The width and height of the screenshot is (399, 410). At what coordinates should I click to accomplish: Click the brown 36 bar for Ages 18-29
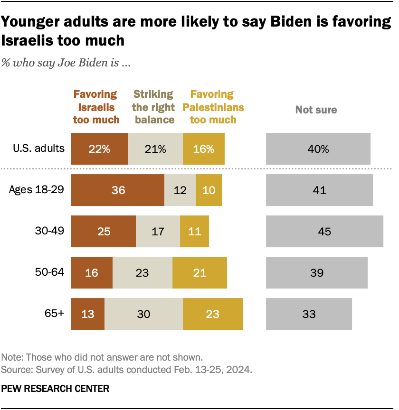coord(117,190)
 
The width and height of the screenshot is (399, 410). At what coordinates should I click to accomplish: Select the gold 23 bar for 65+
coord(213,314)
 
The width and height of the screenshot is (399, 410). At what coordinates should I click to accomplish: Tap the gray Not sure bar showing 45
coord(324,231)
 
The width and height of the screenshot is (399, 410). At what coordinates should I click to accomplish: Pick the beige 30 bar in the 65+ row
coord(143,314)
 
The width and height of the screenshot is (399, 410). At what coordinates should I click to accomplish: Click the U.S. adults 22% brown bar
coord(99,149)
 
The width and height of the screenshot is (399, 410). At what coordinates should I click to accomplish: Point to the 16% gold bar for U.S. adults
coord(203,149)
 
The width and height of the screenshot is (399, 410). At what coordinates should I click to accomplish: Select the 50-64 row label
coord(49,272)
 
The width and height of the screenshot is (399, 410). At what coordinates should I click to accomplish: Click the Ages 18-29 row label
coord(37,190)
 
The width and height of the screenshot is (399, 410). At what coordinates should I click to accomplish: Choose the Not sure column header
coord(316,110)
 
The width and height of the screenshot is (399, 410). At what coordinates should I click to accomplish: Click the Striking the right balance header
coord(153,107)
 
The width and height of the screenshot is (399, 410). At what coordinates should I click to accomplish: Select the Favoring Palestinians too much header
coord(213,107)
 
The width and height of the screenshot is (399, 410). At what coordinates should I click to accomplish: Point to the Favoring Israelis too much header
coord(95,107)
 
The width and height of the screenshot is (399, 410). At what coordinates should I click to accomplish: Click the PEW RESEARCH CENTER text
coord(56,389)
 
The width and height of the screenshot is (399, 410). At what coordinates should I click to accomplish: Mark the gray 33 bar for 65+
coord(309,314)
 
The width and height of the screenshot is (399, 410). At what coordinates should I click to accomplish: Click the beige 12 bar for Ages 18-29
coord(180,190)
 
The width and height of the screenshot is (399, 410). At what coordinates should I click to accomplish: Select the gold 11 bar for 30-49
coord(194,231)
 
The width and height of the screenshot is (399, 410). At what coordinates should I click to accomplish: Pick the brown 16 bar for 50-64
coord(92,272)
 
